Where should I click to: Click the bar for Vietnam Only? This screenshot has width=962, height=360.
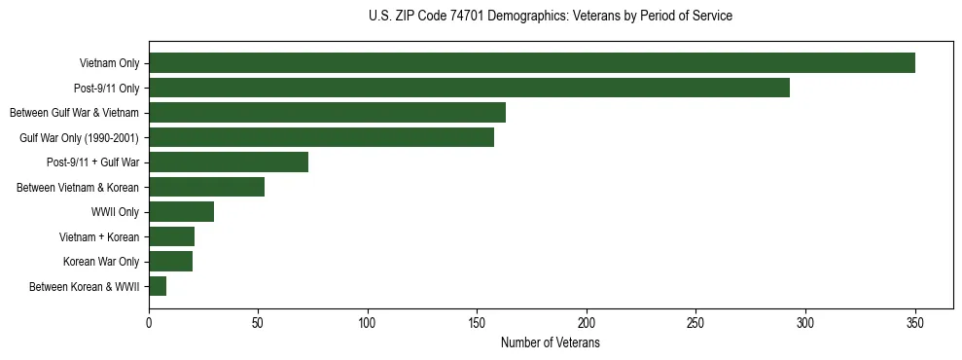pos(531,63)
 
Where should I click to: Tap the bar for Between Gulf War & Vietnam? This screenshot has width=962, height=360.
pos(327,113)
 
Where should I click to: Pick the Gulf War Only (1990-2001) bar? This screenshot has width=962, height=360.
pos(321,137)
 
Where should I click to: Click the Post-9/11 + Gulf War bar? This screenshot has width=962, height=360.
pos(229,162)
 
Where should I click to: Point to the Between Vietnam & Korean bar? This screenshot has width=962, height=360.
pos(206,187)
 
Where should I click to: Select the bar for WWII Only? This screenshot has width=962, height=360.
pos(181,212)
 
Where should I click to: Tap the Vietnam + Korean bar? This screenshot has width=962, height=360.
pos(171,236)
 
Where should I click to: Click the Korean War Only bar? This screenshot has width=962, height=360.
pos(170,262)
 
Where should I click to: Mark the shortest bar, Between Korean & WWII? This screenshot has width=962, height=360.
pos(158,286)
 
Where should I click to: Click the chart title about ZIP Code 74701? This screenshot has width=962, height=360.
pos(551,17)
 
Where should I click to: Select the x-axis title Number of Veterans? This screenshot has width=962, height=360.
pos(551,343)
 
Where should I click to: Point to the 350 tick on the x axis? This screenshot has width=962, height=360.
pos(915,323)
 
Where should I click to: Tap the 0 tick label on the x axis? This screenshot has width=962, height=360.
pos(149,323)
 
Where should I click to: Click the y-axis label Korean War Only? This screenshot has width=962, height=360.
pos(101,262)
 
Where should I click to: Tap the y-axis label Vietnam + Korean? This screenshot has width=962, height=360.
pos(99,236)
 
